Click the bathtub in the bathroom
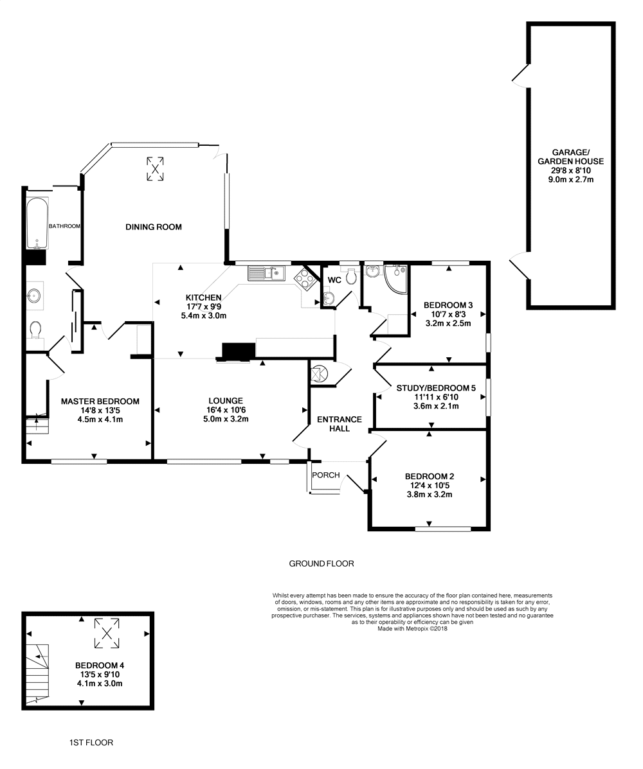[x=37, y=223]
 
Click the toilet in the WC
[x=350, y=277]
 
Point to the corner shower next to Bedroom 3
[x=396, y=279]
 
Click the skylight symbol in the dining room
[x=155, y=169]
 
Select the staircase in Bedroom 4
[x=38, y=674]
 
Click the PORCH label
[x=326, y=475]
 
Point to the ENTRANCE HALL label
[x=339, y=424]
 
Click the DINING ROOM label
[x=154, y=227]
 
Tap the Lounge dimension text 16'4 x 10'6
[x=226, y=410]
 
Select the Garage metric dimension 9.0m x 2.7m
[x=571, y=179]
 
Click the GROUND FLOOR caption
[x=321, y=563]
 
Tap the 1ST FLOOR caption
[x=91, y=743]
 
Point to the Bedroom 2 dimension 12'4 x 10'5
[x=430, y=486]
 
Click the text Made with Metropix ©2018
[x=412, y=629]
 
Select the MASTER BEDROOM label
[x=100, y=401]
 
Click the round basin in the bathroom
[x=35, y=295]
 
